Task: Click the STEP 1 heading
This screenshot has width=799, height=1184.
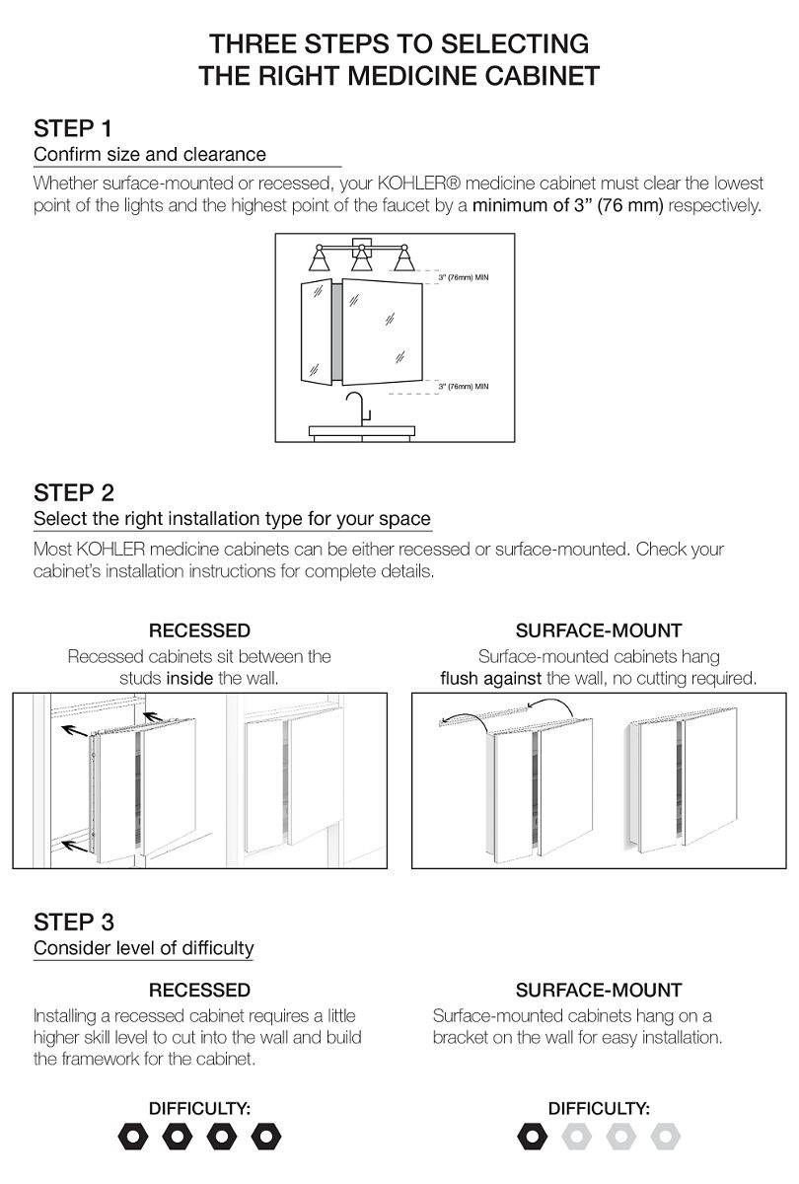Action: click(x=73, y=128)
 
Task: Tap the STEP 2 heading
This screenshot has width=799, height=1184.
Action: click(x=74, y=492)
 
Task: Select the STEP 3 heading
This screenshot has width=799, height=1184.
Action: click(x=74, y=923)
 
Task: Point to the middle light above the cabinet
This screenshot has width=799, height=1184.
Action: click(x=361, y=259)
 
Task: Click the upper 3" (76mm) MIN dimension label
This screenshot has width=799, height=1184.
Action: click(x=463, y=278)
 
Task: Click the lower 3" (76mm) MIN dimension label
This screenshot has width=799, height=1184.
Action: click(x=463, y=387)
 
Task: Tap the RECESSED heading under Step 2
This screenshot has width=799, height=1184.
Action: click(x=199, y=630)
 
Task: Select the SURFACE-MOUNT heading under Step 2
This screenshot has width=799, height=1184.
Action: click(x=599, y=630)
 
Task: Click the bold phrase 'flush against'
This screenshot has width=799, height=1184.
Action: click(x=491, y=679)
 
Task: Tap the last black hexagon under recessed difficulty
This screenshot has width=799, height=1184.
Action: click(x=264, y=1137)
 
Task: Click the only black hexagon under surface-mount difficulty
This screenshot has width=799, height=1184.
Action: click(x=532, y=1137)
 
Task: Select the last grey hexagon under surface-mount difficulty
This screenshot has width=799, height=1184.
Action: click(x=665, y=1137)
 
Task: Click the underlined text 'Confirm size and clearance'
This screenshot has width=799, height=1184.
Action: click(x=150, y=155)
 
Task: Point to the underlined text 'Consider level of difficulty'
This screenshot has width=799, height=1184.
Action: click(x=144, y=949)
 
